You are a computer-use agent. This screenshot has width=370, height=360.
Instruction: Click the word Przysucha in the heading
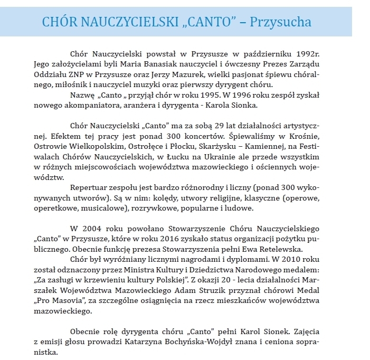coord(281,22)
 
